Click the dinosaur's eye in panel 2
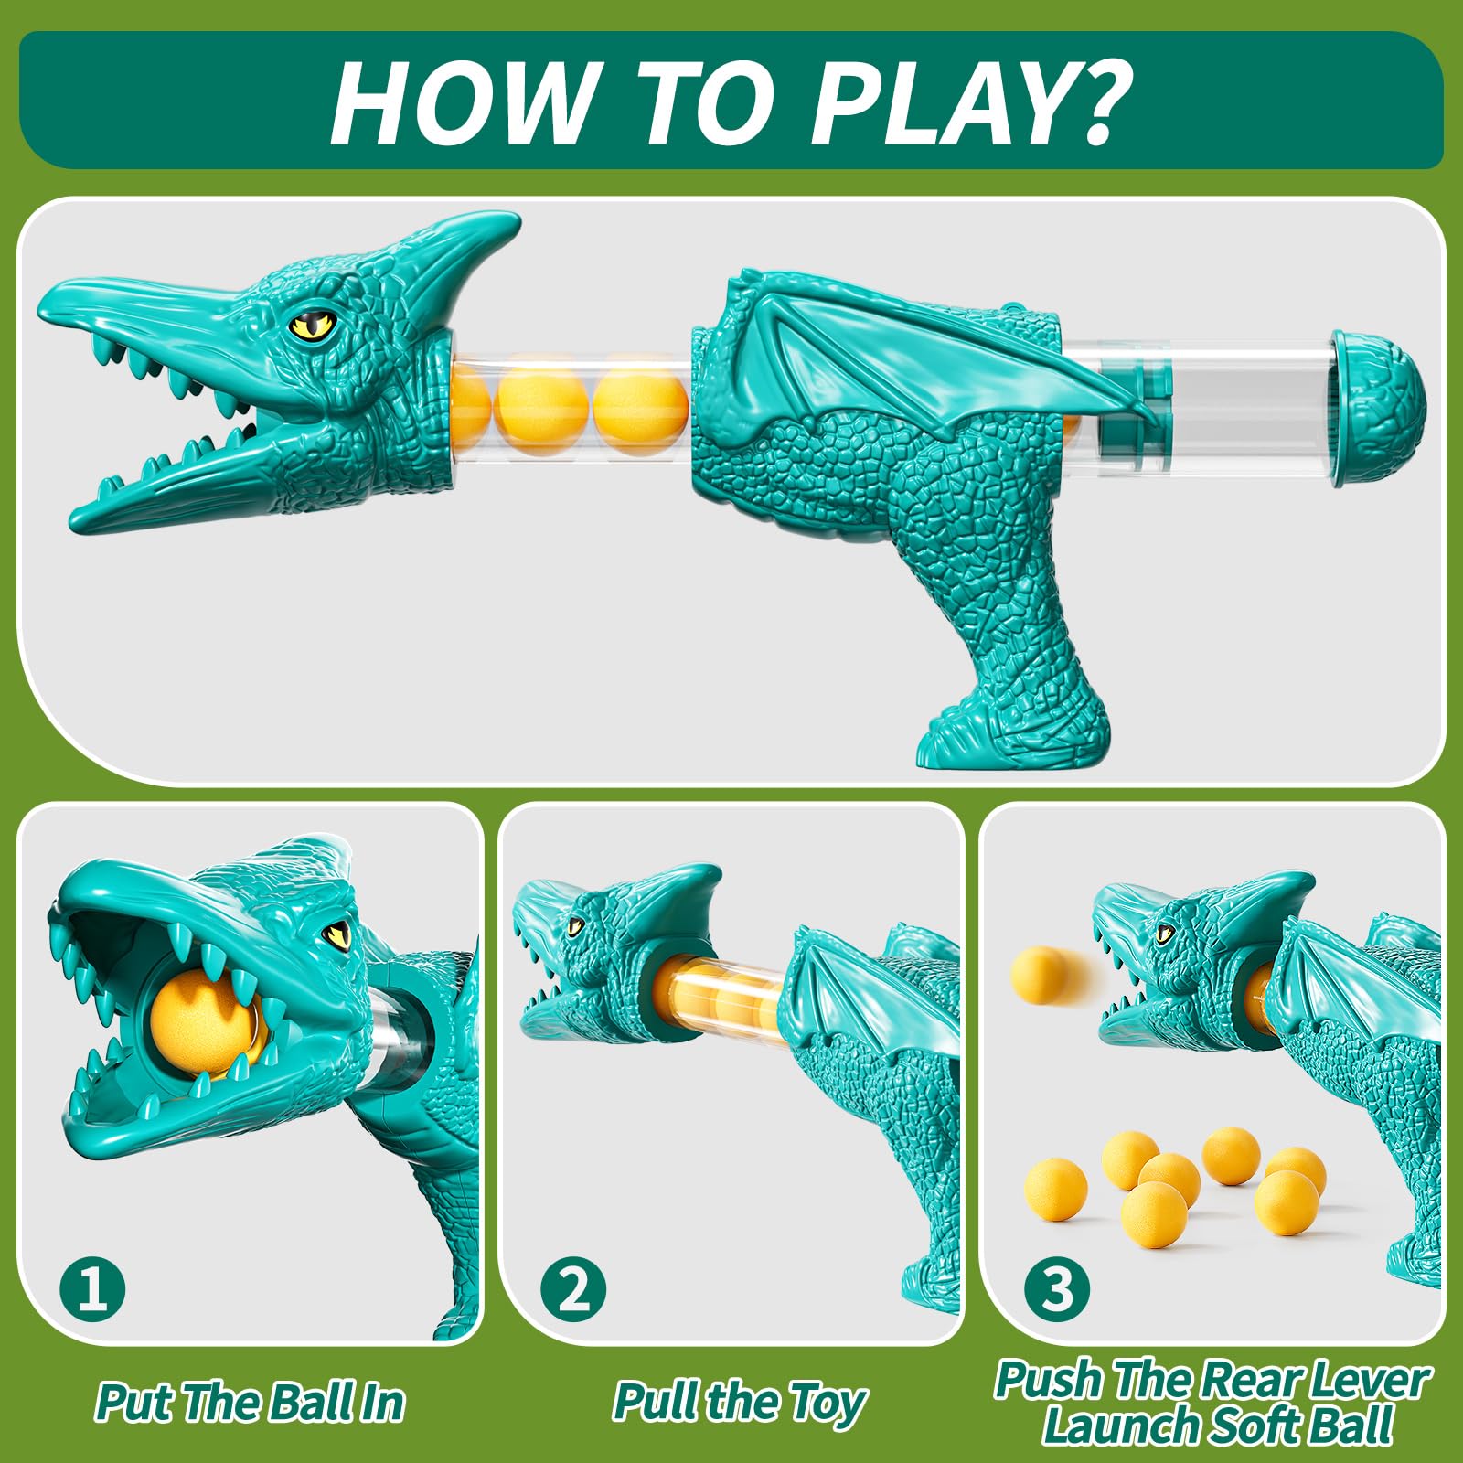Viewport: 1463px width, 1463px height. [575, 925]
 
